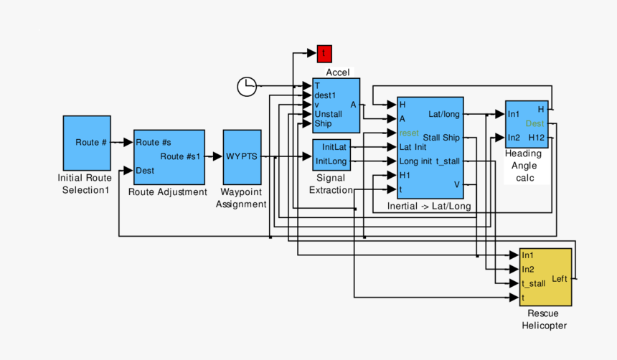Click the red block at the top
[x=324, y=53]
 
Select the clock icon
[x=246, y=86]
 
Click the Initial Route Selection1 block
[x=87, y=142]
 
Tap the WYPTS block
[x=242, y=156]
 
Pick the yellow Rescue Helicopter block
[x=545, y=278]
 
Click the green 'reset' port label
[x=409, y=133]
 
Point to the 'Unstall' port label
[x=329, y=114]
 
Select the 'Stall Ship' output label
[x=441, y=138]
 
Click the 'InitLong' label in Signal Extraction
[x=331, y=161]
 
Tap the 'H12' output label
[x=537, y=137]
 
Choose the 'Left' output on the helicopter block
[x=560, y=278]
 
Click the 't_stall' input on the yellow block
[x=533, y=283]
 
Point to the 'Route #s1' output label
[x=180, y=156]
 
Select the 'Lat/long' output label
[x=443, y=113]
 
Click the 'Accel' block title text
[x=337, y=72]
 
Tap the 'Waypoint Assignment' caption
[x=242, y=198]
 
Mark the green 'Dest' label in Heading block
[x=534, y=123]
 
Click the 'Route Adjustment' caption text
[x=168, y=191]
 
